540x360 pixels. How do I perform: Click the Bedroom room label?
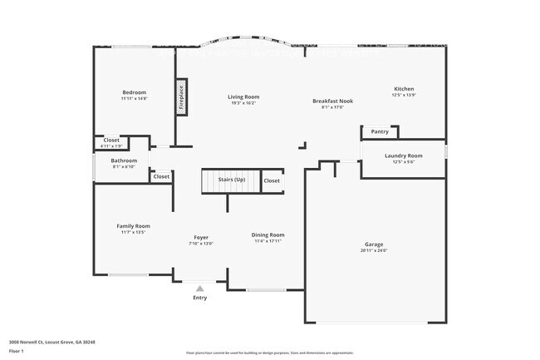click(134, 92)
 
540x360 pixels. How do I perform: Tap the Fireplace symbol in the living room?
click(179, 96)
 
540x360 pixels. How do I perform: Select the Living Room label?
click(243, 97)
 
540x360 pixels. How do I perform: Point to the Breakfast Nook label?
click(332, 101)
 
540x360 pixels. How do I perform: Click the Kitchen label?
click(404, 89)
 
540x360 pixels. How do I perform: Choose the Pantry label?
click(380, 131)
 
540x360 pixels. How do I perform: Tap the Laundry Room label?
click(403, 155)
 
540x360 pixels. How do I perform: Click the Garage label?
click(374, 244)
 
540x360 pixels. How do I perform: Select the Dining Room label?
click(268, 235)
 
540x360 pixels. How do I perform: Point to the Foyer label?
click(201, 238)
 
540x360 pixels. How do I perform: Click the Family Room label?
click(133, 226)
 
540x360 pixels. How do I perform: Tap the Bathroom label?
click(124, 160)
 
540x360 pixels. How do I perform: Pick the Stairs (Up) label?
click(232, 180)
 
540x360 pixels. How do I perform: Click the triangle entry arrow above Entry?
click(199, 288)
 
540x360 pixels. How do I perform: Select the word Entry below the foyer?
click(200, 298)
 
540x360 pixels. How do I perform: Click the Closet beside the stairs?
click(272, 180)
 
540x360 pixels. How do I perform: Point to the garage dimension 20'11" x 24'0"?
click(374, 250)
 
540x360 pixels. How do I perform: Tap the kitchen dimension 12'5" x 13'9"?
click(404, 96)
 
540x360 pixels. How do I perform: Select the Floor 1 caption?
click(17, 351)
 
